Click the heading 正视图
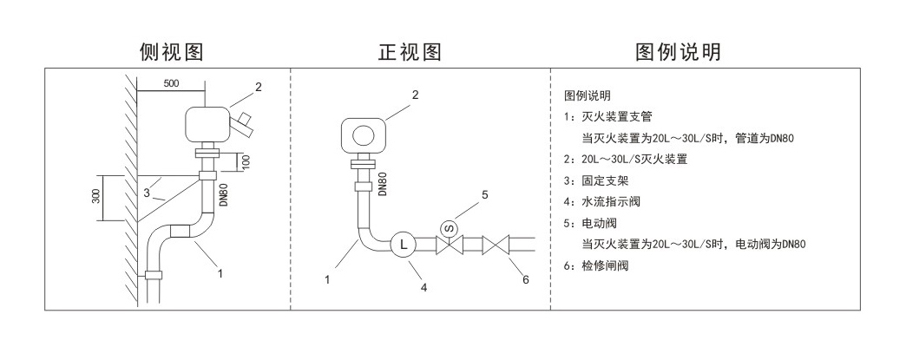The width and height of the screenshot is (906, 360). pyautogui.click(x=410, y=52)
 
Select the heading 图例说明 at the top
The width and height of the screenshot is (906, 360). pyautogui.click(x=679, y=52)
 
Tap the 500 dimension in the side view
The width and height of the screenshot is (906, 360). pyautogui.click(x=171, y=83)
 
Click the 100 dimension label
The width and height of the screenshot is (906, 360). pyautogui.click(x=246, y=162)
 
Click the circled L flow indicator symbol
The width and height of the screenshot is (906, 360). pyautogui.click(x=403, y=245)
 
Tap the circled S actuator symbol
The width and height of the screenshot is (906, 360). pyautogui.click(x=450, y=227)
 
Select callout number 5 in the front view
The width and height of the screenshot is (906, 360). pyautogui.click(x=485, y=194)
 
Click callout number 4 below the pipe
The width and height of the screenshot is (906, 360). pyautogui.click(x=424, y=287)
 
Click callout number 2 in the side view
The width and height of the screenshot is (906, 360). pyautogui.click(x=258, y=87)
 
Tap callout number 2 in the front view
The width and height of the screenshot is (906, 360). pyautogui.click(x=415, y=95)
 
